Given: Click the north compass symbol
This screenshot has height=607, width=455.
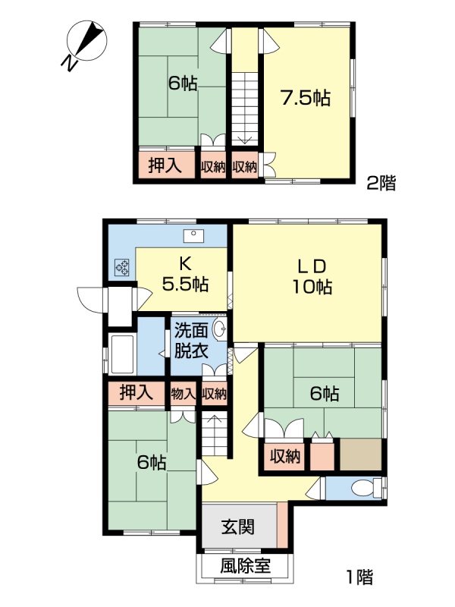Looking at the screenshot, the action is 86,42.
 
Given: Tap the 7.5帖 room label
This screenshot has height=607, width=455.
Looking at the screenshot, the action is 306,98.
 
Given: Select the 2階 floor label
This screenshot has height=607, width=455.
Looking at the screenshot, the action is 381,183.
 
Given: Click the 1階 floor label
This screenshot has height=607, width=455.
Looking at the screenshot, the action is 359,577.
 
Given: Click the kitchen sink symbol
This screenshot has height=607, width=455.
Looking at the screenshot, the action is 194,236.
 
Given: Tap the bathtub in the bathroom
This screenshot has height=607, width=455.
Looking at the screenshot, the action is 122,354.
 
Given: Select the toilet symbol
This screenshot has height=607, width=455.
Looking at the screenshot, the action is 366,488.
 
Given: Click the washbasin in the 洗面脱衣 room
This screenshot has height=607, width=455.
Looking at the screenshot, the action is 221,331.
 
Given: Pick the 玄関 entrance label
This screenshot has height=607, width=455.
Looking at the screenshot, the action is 238,527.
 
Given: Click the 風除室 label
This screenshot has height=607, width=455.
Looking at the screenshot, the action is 245,567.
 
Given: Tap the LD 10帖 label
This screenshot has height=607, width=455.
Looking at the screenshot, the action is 312,276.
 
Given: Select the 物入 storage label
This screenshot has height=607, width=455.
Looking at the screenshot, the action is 183,394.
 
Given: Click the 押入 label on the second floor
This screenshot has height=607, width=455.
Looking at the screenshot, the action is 165,165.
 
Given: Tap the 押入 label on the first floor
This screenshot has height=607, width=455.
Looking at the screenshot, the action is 136,392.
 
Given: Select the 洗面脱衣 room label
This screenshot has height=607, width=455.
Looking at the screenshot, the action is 191,341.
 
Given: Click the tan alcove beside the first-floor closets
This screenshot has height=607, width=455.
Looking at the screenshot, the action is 361,454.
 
